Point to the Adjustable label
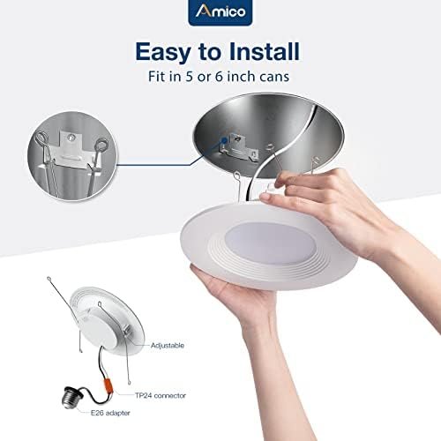(167, 345)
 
